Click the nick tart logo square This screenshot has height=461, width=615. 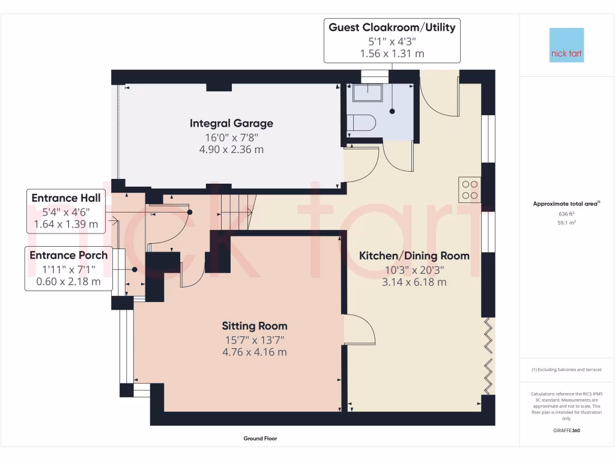[x=566, y=45]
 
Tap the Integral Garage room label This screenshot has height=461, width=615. [x=231, y=123]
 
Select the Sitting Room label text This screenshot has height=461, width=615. [x=255, y=326]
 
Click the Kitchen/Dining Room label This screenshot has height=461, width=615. [x=414, y=256]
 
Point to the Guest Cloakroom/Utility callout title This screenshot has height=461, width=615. [x=392, y=27]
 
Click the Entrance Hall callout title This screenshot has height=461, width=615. [x=65, y=197]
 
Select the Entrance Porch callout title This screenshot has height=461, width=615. [x=68, y=255]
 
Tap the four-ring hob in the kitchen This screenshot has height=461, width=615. [x=469, y=190]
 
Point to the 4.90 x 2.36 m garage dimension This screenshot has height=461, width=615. [x=231, y=149]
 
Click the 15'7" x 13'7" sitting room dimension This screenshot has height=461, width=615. [x=255, y=340]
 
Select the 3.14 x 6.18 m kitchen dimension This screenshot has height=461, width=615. [x=414, y=282]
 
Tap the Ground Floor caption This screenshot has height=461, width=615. [x=260, y=439]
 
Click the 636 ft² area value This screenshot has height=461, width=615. [x=566, y=214]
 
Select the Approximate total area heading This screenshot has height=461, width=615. [x=566, y=204]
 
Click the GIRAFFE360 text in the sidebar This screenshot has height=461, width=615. [x=566, y=430]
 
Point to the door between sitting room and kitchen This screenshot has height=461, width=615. [x=359, y=329]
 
